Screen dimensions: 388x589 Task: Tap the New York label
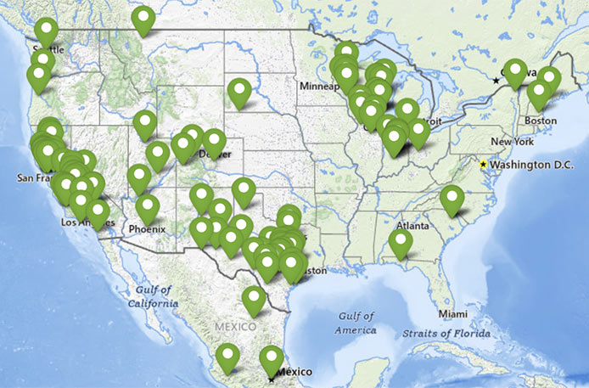[x=511, y=141]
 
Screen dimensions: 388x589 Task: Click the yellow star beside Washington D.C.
[x=484, y=164]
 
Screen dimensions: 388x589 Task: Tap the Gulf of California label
[x=154, y=295]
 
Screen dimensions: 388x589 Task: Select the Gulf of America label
[x=356, y=322]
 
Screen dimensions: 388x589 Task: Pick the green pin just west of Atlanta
[x=400, y=244]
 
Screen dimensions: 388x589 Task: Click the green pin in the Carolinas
[x=452, y=199]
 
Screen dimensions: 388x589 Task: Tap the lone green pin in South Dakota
[x=240, y=92]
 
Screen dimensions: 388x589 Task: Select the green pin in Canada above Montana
[x=143, y=19]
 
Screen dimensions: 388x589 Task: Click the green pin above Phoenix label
[x=147, y=208]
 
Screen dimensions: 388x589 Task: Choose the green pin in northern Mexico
[x=253, y=299]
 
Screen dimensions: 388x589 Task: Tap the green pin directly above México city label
[x=271, y=358]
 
